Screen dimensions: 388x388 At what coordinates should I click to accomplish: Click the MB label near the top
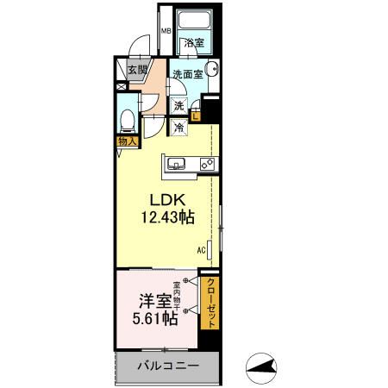tap(166, 34)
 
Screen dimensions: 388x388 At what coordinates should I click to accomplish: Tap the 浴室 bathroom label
tap(191, 42)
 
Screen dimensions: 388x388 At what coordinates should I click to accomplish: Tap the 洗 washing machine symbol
tap(178, 105)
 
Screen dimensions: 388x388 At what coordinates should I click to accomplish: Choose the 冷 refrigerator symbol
tap(178, 128)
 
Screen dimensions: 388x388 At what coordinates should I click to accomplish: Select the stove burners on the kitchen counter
tap(207, 163)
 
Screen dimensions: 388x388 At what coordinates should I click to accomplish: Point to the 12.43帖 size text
tap(164, 218)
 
